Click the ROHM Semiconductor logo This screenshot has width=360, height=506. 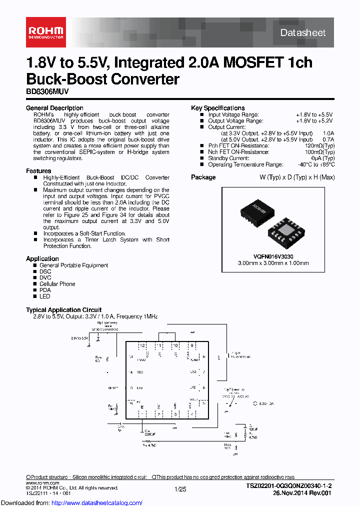45,32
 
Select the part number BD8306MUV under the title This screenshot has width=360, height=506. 46,92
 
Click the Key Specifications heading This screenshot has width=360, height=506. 217,108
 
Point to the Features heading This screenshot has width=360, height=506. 38,171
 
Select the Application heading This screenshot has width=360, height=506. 42,258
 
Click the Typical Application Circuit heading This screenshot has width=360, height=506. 63,310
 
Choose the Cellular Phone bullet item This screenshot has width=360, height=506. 57,284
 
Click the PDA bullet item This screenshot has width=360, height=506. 45,290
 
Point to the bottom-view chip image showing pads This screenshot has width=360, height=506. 283,231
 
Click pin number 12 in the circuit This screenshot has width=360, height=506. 142,345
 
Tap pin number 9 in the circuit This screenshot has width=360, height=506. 191,345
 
